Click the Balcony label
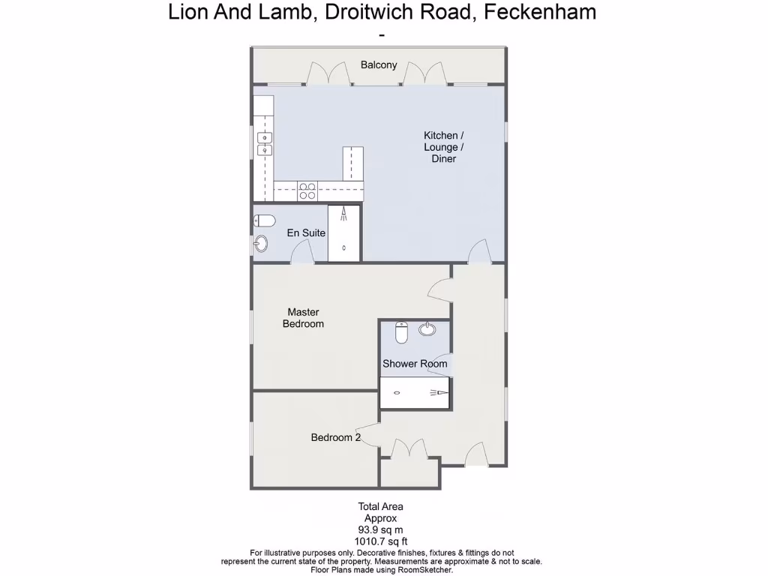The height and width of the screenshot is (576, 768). point(379,64)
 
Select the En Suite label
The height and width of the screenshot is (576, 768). point(306,232)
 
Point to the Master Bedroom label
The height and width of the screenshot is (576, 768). point(303,318)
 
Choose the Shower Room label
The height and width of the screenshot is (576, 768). point(415,364)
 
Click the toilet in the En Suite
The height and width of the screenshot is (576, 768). point(264,220)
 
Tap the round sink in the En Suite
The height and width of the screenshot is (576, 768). point(261,243)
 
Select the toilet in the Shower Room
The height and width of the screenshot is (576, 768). point(401,332)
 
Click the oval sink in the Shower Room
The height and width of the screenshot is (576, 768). point(427,328)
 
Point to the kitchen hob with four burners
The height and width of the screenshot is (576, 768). point(307,191)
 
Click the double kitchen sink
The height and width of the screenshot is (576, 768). point(265,143)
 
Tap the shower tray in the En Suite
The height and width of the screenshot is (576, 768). point(344,233)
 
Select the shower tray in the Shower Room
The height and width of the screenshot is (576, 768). point(415,392)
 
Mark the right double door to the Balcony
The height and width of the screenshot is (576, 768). point(424,73)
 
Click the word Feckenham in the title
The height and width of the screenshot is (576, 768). point(542,12)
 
